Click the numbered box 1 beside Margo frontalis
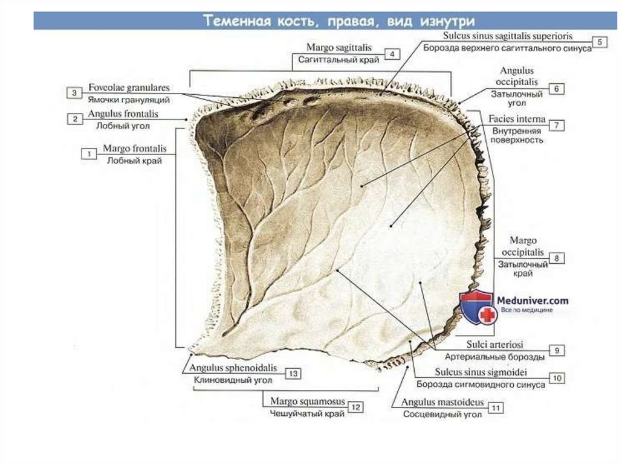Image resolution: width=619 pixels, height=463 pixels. pos(89,154)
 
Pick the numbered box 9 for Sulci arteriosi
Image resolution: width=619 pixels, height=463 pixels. pos(557,350)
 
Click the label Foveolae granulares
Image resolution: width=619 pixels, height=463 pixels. pos(128,88)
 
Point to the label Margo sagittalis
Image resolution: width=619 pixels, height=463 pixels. pos(339,47)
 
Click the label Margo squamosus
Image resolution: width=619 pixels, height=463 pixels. pos(307,401)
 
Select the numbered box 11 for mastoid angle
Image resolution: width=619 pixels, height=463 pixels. pos(496,408)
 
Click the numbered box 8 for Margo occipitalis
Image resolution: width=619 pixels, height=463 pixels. pos(557,258)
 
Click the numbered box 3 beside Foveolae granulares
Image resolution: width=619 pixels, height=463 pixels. pos(74,93)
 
